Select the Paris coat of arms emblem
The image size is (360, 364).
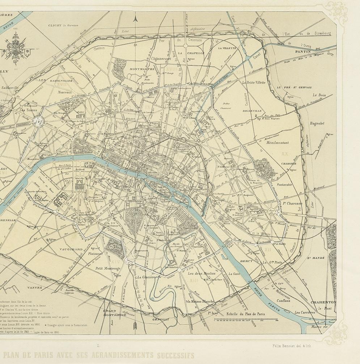[16, 46]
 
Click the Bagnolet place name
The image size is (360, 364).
[317, 124]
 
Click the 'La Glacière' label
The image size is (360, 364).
[147, 277]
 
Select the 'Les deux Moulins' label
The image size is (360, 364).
[203, 274]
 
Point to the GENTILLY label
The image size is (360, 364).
[161, 319]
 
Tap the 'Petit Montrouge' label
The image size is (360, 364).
[107, 268]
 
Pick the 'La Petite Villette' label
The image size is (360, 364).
[254, 83]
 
